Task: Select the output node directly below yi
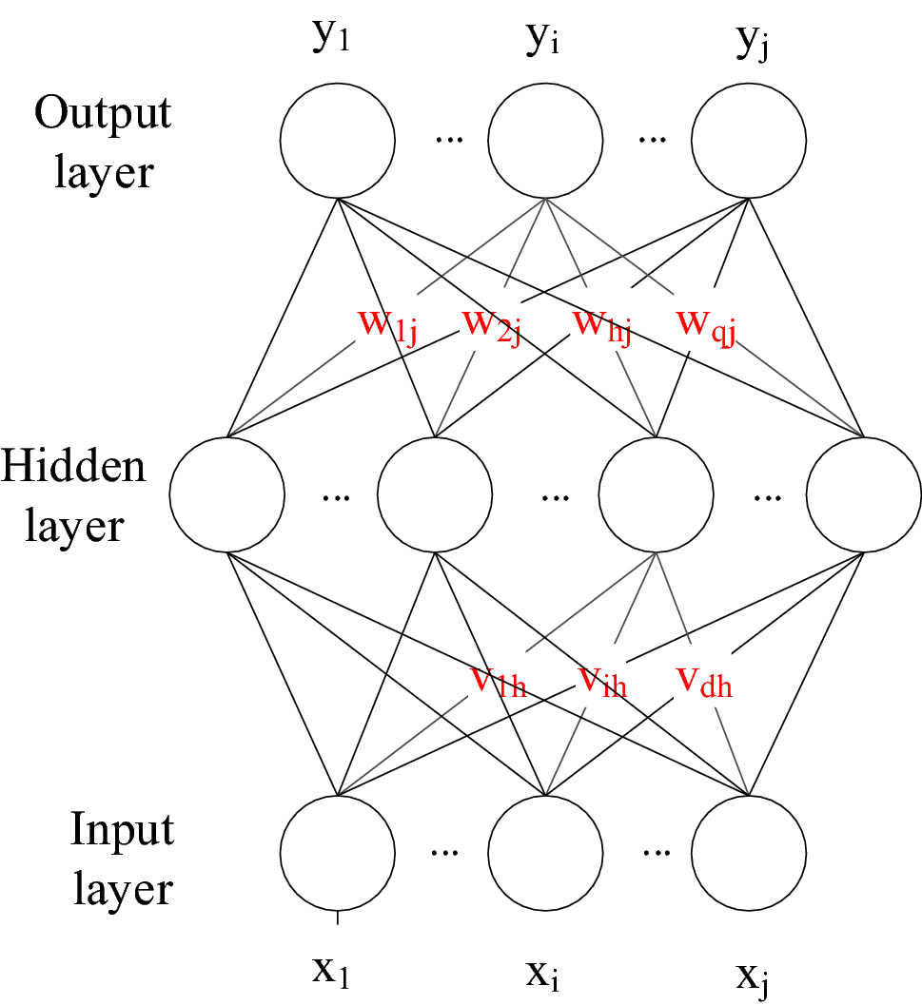click(x=545, y=142)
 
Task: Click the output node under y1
click(x=338, y=142)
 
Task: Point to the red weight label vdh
click(x=704, y=681)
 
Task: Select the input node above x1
click(x=338, y=850)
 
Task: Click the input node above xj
click(x=749, y=850)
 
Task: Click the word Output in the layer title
click(x=103, y=114)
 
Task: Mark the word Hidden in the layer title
click(x=73, y=468)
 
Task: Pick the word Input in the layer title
click(x=122, y=830)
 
